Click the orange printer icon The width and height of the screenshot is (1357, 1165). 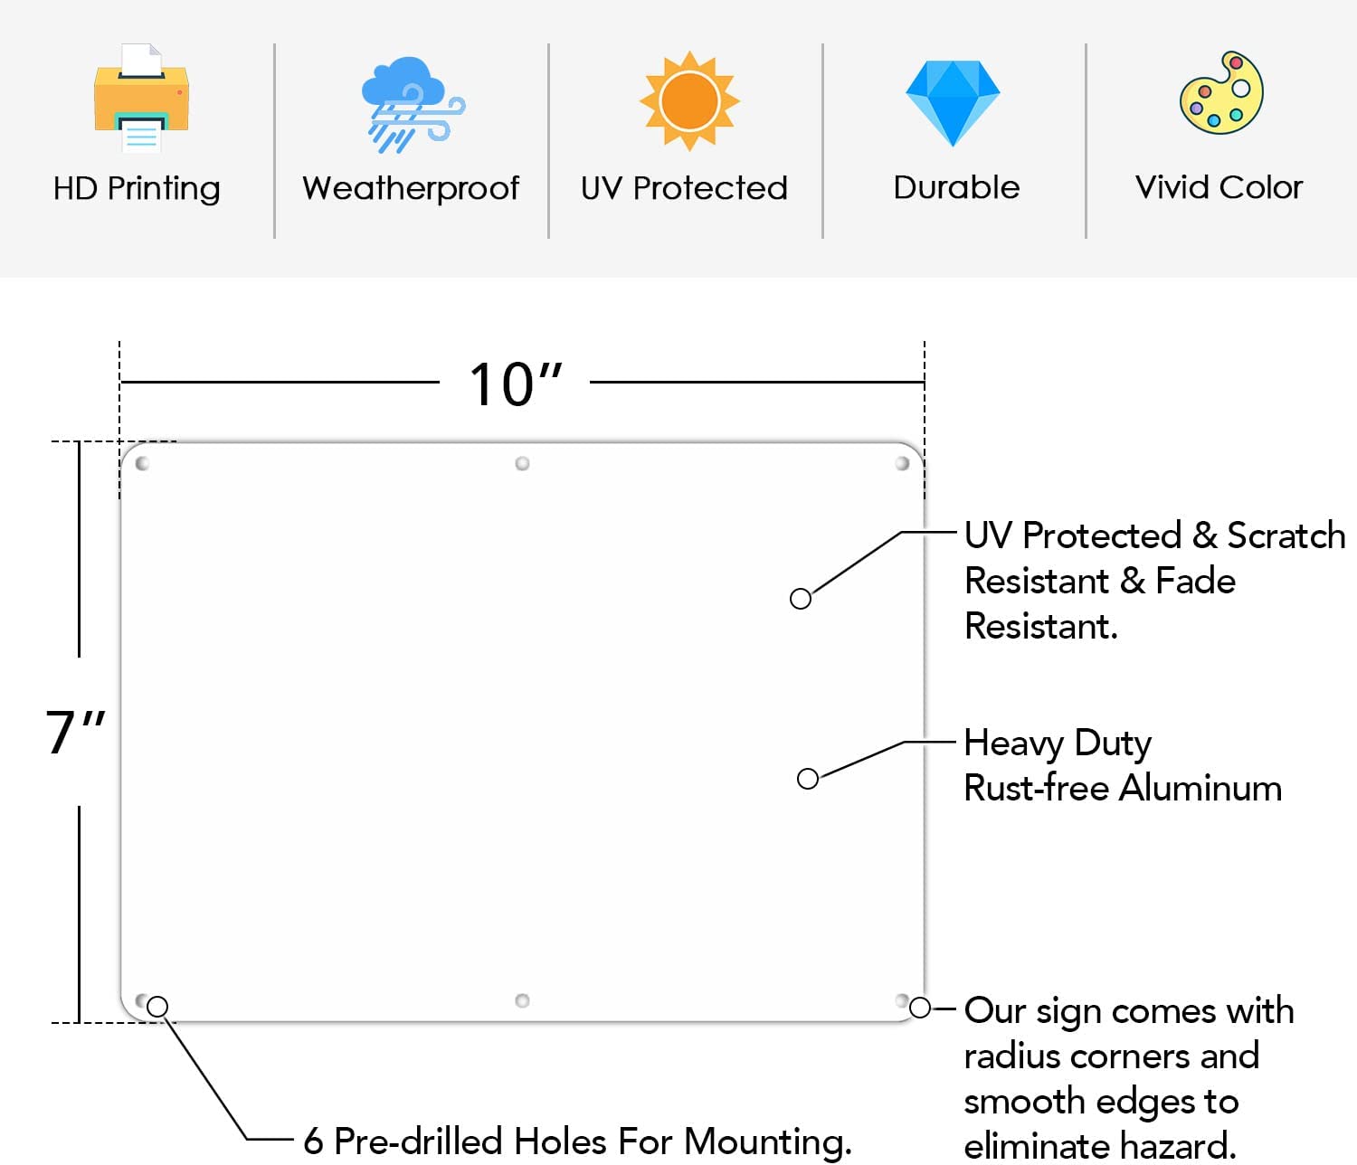tap(141, 98)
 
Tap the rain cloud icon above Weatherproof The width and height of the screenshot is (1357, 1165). tap(413, 104)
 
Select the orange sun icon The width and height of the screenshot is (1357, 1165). tap(689, 101)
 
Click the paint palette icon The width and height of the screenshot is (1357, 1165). tap(1222, 92)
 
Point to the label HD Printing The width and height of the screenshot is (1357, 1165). tap(137, 188)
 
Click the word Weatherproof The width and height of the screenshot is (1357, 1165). tap(411, 188)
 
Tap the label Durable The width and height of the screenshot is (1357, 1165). tap(956, 188)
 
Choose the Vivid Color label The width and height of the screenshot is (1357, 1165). tap(1219, 188)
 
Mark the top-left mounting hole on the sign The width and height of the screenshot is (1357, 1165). tap(142, 464)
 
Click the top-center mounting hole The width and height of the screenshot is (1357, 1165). tap(523, 464)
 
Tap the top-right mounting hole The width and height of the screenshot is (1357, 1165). tap(902, 464)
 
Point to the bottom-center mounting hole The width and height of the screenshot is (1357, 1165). tap(523, 1000)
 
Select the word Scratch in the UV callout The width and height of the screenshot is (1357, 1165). tap(1286, 535)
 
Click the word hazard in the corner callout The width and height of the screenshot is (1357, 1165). tap(1178, 1146)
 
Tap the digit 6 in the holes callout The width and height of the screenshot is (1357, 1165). tap(313, 1141)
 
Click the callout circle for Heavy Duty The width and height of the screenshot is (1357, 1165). tap(808, 779)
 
